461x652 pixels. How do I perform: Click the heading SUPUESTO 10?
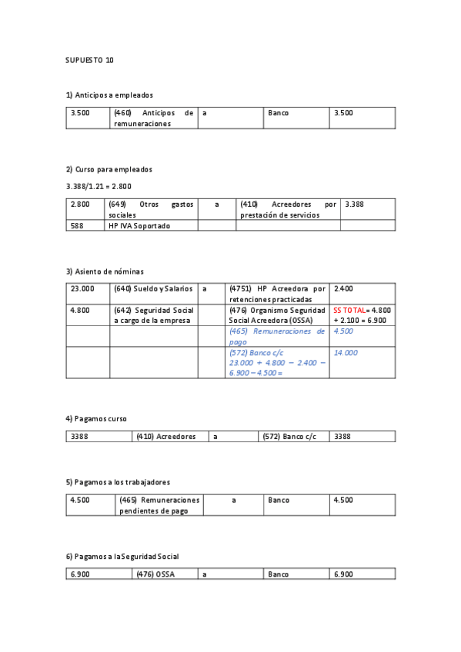pyautogui.click(x=89, y=60)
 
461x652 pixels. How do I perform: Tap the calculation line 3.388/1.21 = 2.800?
pyautogui.click(x=99, y=186)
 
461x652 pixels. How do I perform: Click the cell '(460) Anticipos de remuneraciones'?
pyautogui.click(x=153, y=118)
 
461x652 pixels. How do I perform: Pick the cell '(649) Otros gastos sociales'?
pyautogui.click(x=151, y=209)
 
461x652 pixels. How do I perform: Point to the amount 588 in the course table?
pyautogui.click(x=75, y=226)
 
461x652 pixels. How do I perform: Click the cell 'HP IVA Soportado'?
pyautogui.click(x=139, y=226)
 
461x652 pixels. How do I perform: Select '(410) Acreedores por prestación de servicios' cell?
pyautogui.click(x=288, y=209)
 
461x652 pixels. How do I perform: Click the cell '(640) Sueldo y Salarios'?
pyautogui.click(x=152, y=288)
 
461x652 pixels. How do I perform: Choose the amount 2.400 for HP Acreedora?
pyautogui.click(x=343, y=288)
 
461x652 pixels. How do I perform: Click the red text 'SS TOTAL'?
pyautogui.click(x=349, y=310)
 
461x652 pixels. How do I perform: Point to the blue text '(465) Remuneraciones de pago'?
pyautogui.click(x=276, y=336)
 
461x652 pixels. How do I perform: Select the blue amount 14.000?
pyautogui.click(x=346, y=352)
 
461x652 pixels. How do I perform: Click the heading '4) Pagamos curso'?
pyautogui.click(x=96, y=418)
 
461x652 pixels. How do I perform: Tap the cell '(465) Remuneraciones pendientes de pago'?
pyautogui.click(x=159, y=505)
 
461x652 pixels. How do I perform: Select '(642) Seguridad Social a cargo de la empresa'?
pyautogui.click(x=153, y=314)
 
